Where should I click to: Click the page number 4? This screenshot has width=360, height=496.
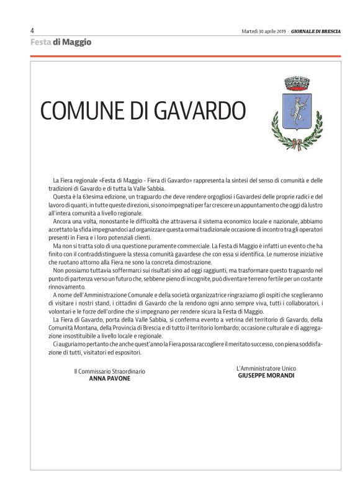tap(32, 30)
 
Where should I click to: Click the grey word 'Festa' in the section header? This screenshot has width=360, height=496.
tap(40, 42)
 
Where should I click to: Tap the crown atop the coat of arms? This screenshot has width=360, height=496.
tap(297, 82)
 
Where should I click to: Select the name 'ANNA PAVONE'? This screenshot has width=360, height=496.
tap(110, 378)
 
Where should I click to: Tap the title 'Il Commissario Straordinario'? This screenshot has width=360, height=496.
tap(109, 371)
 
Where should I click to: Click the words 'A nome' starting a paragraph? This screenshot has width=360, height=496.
tap(62, 295)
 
